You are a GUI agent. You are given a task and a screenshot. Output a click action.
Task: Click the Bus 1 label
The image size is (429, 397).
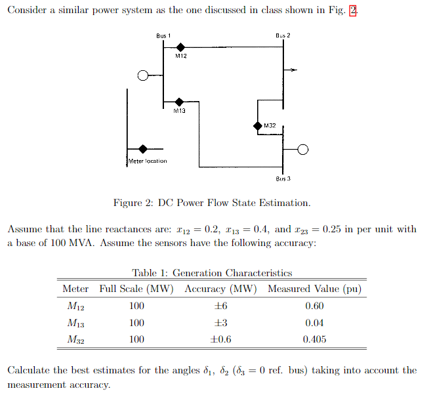pos(163,35)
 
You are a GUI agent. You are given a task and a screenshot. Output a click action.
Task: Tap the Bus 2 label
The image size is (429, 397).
pos(283,35)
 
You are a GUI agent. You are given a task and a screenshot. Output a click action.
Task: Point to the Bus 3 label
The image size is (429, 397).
pos(283,178)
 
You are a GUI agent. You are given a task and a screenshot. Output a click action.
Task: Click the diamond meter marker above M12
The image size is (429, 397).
pos(180,47)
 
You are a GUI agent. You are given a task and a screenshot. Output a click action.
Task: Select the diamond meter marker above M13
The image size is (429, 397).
pos(179,102)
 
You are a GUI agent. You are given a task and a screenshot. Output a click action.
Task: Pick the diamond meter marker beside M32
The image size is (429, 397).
pos(258,125)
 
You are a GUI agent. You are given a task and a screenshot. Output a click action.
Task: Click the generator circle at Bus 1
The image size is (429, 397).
pos(142,75)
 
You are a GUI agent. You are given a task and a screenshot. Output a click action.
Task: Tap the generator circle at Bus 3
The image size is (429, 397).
pos(302,150)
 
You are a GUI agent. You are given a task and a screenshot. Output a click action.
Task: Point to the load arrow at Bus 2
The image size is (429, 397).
pos(293,69)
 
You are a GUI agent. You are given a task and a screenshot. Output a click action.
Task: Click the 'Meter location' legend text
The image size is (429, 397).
pos(148,161)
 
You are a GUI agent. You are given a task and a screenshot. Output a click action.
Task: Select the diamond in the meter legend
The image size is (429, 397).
pos(142,150)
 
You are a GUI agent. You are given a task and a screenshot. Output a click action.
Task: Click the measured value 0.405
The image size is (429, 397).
pos(315,339)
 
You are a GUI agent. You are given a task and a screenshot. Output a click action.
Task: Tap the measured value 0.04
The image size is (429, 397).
pos(315,323)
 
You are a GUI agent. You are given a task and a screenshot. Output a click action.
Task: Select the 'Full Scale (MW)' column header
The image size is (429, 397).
pos(136,289)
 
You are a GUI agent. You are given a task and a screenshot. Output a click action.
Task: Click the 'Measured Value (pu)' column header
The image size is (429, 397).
pos(315,289)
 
